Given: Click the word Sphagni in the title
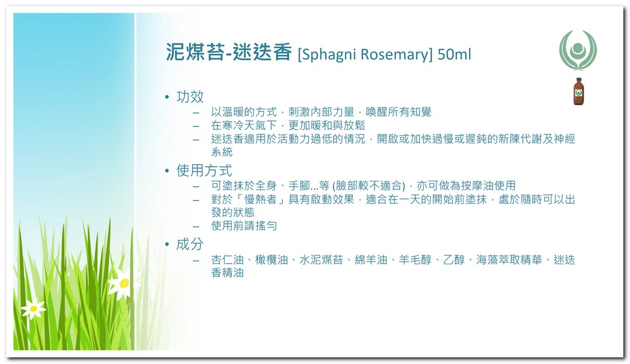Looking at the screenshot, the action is tap(327, 54).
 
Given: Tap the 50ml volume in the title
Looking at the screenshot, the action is tap(454, 54).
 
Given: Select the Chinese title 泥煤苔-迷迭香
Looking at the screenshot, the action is tap(229, 52).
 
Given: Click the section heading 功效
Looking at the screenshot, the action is tap(190, 97).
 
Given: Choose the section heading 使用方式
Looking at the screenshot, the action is tap(204, 171).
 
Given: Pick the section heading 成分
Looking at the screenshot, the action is tap(190, 244).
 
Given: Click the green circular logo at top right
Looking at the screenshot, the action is tap(578, 50).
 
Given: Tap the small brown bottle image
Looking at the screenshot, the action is tap(579, 91).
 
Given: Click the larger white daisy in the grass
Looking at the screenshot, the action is tap(123, 284).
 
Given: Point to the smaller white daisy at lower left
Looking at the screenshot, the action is tap(33, 308).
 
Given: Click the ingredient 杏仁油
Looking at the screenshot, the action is tap(228, 260).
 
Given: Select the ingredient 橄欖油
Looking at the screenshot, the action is tap(272, 260).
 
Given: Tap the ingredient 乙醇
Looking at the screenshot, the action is tap(454, 260).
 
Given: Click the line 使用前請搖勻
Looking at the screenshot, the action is tap(244, 226).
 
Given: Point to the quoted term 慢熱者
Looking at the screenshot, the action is tap(261, 199).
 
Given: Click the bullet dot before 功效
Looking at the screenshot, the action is tap(167, 97).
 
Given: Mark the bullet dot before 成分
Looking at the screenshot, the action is tap(167, 244).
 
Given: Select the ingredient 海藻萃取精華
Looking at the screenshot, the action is tap(509, 260).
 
